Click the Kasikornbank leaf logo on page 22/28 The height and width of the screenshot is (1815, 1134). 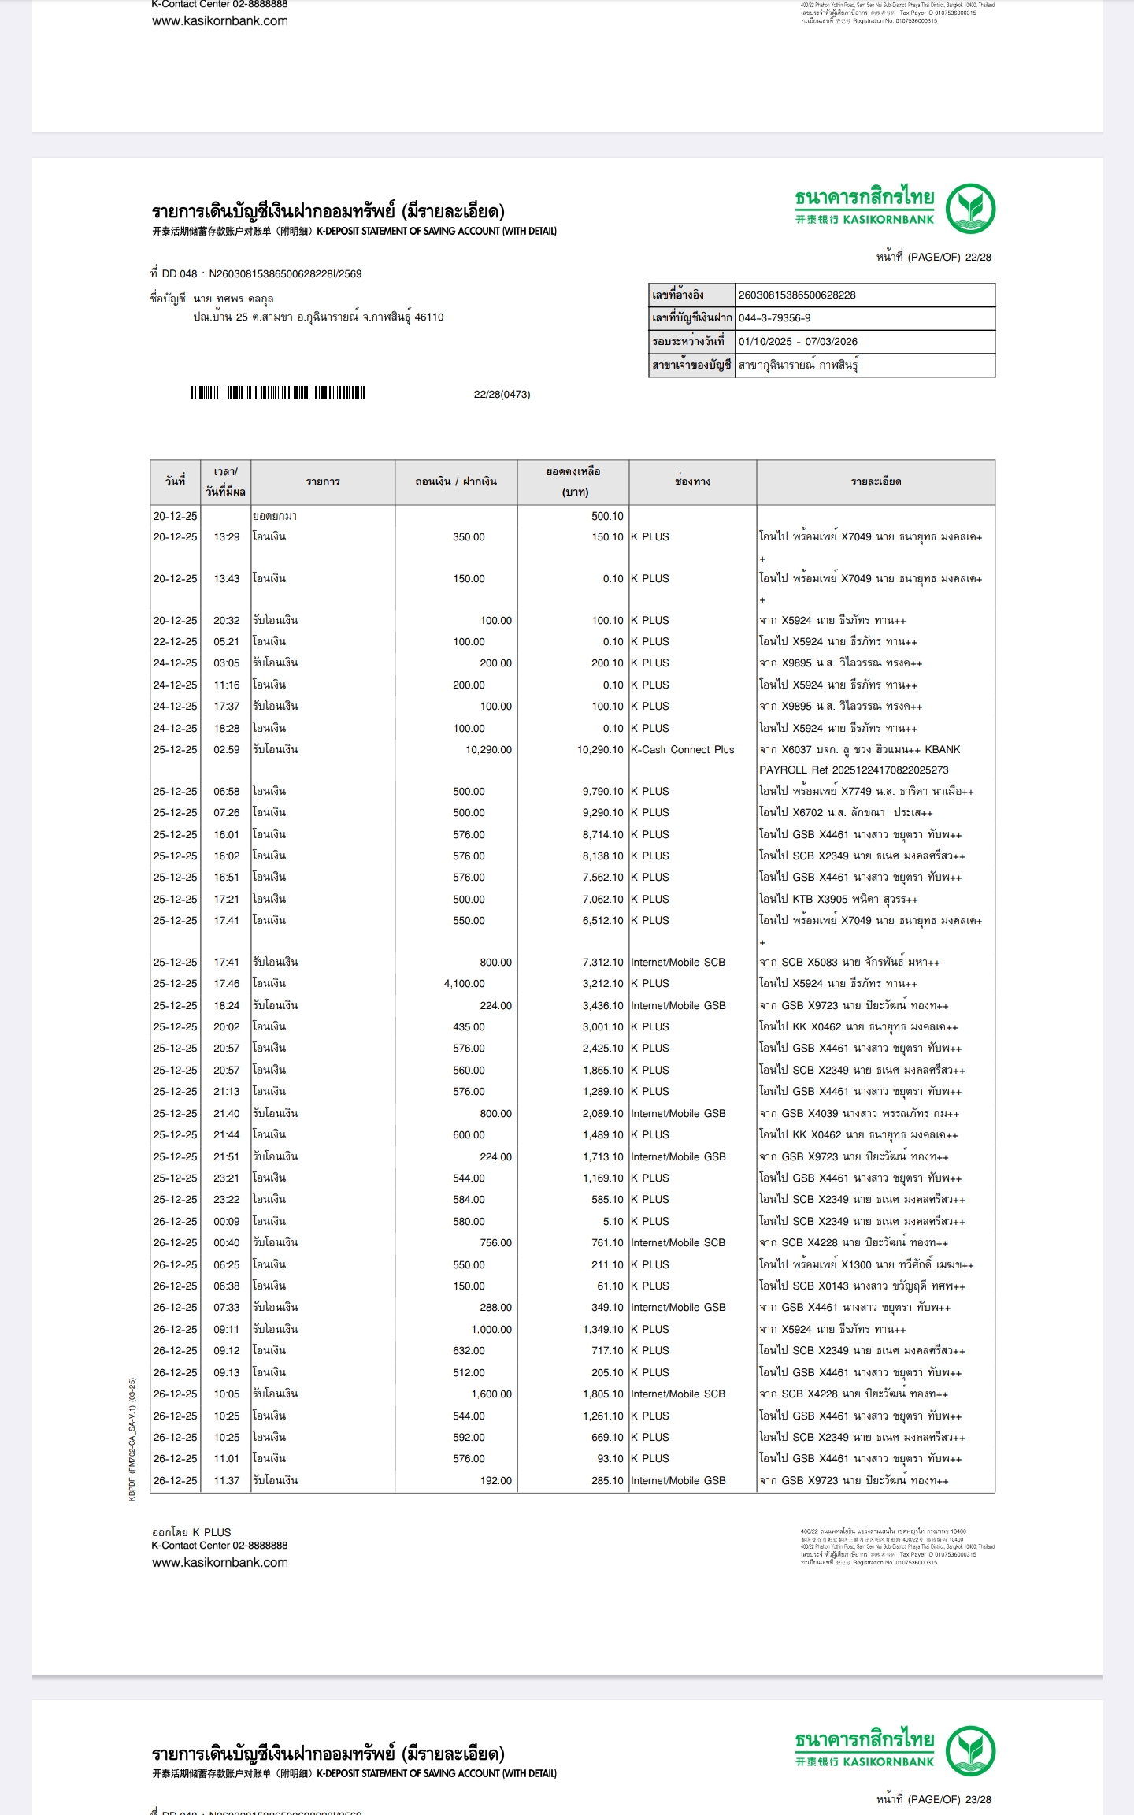970,209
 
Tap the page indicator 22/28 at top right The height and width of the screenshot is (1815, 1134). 933,257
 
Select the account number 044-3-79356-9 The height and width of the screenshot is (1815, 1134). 774,318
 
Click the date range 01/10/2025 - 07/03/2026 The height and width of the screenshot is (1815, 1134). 797,342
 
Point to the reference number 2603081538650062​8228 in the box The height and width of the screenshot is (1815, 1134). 796,295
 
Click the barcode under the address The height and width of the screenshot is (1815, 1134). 278,393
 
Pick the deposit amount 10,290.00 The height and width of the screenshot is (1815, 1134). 488,750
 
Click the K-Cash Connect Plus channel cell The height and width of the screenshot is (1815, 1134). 682,750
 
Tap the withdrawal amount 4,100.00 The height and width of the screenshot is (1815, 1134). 465,984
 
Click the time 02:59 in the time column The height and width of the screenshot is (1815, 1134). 226,750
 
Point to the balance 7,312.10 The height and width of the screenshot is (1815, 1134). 602,963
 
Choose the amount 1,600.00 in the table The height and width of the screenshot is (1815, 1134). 491,1394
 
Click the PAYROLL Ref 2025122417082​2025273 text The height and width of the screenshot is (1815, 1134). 854,770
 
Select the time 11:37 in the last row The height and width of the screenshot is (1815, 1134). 226,1481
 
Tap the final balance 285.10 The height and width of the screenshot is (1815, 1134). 607,1481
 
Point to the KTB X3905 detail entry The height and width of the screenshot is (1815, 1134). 838,900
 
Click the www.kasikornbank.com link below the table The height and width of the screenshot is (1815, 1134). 220,1562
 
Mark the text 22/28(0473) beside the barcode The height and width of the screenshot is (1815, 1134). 502,395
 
